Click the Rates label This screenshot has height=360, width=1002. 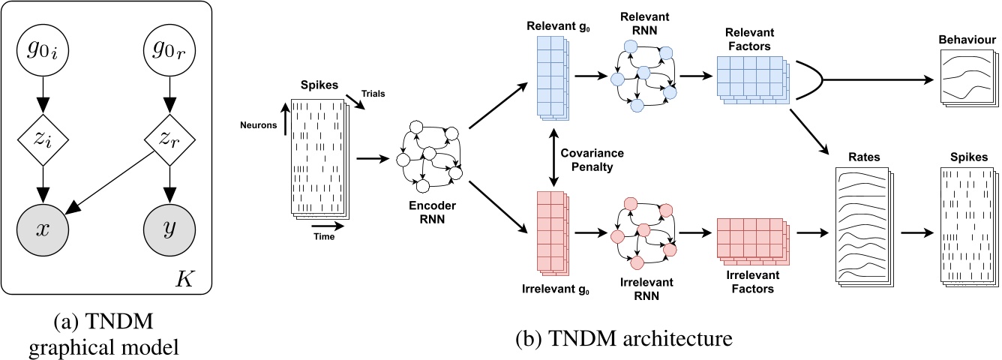866,158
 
